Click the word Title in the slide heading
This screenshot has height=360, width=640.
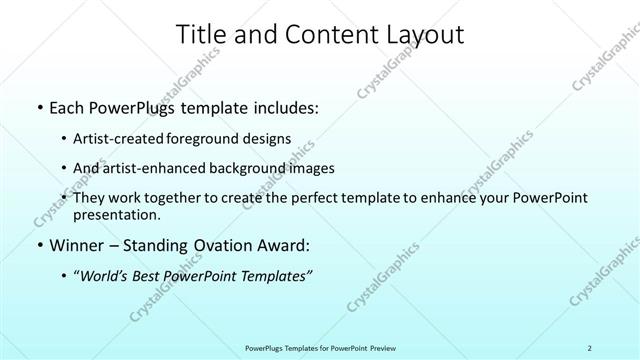click(200, 36)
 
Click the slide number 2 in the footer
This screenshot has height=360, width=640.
click(590, 347)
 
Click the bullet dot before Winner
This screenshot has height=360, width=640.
click(38, 245)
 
